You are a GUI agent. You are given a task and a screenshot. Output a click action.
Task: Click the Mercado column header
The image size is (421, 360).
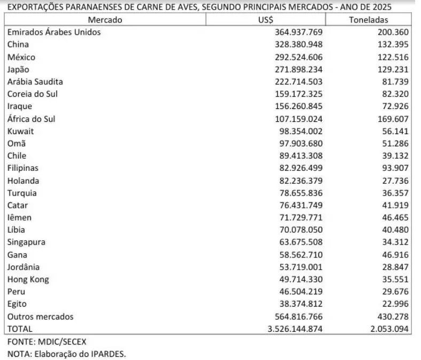pyautogui.click(x=105, y=20)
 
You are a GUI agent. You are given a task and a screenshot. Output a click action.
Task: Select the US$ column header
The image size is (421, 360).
pyautogui.click(x=266, y=20)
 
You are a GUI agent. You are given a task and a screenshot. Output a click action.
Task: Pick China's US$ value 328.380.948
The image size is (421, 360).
pyautogui.click(x=297, y=44)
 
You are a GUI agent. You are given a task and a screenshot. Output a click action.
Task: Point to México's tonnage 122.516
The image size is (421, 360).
pyautogui.click(x=393, y=57)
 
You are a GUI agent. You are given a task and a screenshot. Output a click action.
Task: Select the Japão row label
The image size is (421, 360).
pyautogui.click(x=19, y=69)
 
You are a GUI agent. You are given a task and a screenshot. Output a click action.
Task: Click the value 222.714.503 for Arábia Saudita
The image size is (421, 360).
pyautogui.click(x=297, y=82)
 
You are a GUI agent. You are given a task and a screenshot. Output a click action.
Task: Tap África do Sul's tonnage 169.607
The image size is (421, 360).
pyautogui.click(x=393, y=119)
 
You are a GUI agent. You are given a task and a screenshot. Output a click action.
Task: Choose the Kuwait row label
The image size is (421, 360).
pyautogui.click(x=20, y=131)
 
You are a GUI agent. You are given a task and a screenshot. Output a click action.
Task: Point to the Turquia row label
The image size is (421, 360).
pyautogui.click(x=22, y=193)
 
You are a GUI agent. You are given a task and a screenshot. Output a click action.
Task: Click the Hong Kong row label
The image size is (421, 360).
pyautogui.click(x=28, y=279)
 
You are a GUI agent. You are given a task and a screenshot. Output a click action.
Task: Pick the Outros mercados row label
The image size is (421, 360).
pyautogui.click(x=41, y=317)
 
